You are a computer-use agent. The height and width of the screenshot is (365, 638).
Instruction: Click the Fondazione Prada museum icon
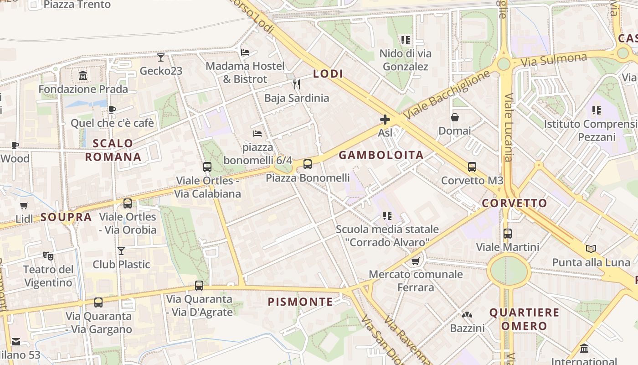point(83,75)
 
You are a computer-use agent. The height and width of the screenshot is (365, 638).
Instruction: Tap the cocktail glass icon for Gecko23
point(161,57)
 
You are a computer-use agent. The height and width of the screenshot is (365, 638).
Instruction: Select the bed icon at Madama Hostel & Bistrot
point(245,52)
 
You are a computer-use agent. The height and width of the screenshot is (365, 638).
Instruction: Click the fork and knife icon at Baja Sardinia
point(296,84)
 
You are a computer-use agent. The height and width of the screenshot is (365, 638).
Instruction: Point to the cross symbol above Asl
point(385,120)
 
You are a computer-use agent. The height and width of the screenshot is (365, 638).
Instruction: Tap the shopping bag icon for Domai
point(455,117)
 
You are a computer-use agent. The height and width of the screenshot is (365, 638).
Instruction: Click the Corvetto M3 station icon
point(472,167)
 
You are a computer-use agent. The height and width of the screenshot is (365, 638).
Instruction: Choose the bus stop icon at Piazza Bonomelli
point(308,164)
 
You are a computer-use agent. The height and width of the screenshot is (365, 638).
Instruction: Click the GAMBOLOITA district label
point(381,155)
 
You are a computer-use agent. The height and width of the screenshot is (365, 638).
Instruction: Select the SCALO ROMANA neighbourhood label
point(113,150)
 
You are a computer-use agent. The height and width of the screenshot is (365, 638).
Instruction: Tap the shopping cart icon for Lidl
point(24,206)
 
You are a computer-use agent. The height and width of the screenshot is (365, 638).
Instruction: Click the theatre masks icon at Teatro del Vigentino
point(48,256)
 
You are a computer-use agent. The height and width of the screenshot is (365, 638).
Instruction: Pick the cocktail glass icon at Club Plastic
point(121,250)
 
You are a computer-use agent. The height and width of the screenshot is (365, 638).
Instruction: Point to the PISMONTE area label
point(300,302)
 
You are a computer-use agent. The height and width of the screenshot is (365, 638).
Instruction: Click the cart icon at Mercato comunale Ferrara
point(415,261)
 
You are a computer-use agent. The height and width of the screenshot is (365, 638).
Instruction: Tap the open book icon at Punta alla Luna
point(591,249)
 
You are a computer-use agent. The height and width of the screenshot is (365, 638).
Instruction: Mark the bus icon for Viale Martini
point(508,234)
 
